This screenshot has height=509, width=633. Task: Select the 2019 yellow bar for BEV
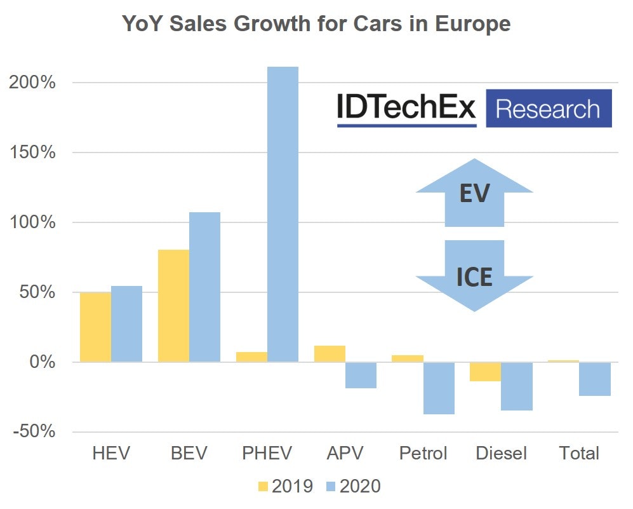[173, 306]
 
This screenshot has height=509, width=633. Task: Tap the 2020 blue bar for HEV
[126, 324]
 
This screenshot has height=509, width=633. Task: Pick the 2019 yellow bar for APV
[330, 354]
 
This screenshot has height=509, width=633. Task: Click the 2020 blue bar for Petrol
[439, 388]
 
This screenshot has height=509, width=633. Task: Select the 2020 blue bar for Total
[596, 379]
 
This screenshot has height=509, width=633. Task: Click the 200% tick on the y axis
[36, 83]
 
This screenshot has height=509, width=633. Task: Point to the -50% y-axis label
[34, 432]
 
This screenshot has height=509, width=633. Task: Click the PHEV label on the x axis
[267, 453]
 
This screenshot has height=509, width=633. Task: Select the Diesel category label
[502, 453]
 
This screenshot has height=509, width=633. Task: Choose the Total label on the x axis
[579, 453]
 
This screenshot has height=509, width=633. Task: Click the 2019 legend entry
[286, 487]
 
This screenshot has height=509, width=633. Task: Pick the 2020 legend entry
[353, 487]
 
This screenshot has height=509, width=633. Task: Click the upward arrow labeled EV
[474, 194]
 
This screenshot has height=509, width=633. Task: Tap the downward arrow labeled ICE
[474, 275]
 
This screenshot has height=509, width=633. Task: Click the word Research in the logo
[548, 109]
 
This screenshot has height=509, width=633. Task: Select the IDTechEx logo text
[406, 109]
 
